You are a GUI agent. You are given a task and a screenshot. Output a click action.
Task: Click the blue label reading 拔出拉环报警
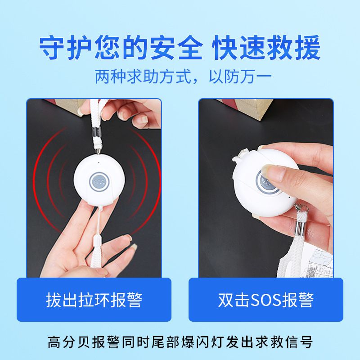pyautogui.click(x=94, y=299)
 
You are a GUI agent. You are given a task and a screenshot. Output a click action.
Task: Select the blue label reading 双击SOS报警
pyautogui.click(x=266, y=299)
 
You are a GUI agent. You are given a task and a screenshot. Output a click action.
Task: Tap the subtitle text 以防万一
pyautogui.click(x=240, y=76)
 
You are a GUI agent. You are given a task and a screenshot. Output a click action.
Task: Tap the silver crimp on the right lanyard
pyautogui.click(x=300, y=227)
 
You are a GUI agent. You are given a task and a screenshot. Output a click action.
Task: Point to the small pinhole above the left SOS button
pyautogui.click(x=99, y=162)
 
